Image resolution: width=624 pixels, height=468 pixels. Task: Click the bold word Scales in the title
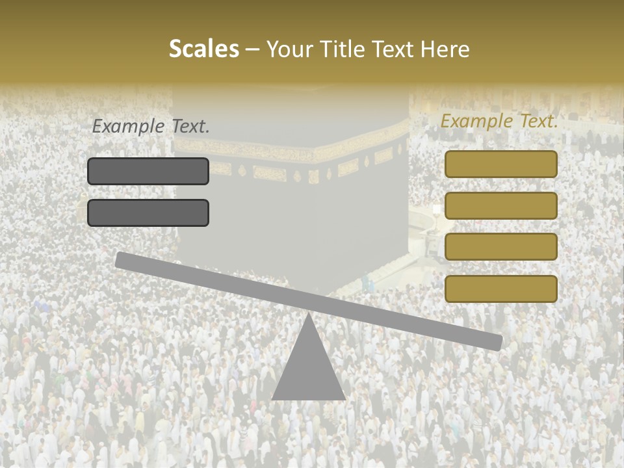coord(203,49)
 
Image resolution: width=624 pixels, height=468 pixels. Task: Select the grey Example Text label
coord(151,127)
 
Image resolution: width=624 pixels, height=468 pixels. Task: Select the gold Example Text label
coord(499,121)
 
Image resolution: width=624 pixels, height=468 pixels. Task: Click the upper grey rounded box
coord(148,171)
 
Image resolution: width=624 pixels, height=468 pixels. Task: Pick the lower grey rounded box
coord(148,213)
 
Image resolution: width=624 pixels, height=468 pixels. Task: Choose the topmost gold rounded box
coord(500,164)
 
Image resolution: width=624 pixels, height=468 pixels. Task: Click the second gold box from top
coord(500,205)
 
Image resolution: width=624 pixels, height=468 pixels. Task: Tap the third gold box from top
coord(500,247)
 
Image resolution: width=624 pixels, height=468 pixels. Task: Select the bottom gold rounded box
coord(500,289)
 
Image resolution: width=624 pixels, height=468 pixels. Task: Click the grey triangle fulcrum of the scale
coord(308,367)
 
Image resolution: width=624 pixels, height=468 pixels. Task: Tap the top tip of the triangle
coord(308,315)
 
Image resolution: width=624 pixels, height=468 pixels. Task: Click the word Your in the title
coord(289,49)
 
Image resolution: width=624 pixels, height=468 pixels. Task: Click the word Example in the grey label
coord(129,127)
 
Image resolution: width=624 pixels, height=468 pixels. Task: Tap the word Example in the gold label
coord(477,121)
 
